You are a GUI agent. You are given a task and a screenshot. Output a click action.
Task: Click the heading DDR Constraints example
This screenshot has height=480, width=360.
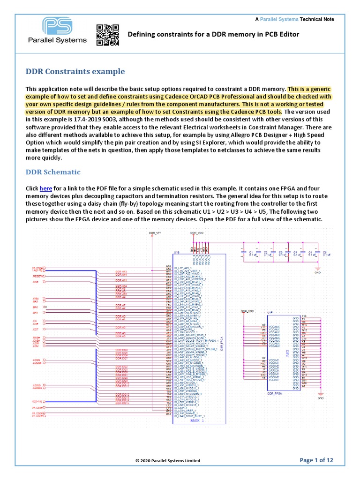tap(75, 72)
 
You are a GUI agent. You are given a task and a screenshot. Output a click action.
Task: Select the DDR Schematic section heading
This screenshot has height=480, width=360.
tap(53, 172)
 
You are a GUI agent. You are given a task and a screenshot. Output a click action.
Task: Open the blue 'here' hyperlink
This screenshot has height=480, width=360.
tap(46, 188)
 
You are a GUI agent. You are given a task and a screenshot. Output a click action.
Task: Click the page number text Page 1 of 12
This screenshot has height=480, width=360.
tap(316, 460)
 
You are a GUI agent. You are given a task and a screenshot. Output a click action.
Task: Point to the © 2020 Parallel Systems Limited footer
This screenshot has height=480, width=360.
tap(167, 461)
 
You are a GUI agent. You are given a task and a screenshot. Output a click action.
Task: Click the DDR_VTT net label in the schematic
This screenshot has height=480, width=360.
tap(154, 233)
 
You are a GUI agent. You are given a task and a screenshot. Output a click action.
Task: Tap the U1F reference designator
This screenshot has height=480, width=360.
tap(270, 312)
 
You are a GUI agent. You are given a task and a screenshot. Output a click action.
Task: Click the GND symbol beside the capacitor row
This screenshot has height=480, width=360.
tap(317, 271)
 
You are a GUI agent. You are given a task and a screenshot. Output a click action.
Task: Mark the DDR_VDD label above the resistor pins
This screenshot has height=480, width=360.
tap(196, 232)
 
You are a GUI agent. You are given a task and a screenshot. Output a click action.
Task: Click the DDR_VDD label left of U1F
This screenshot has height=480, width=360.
tap(247, 311)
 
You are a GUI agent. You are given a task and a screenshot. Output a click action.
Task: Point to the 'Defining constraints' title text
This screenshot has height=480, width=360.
tap(213, 34)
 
